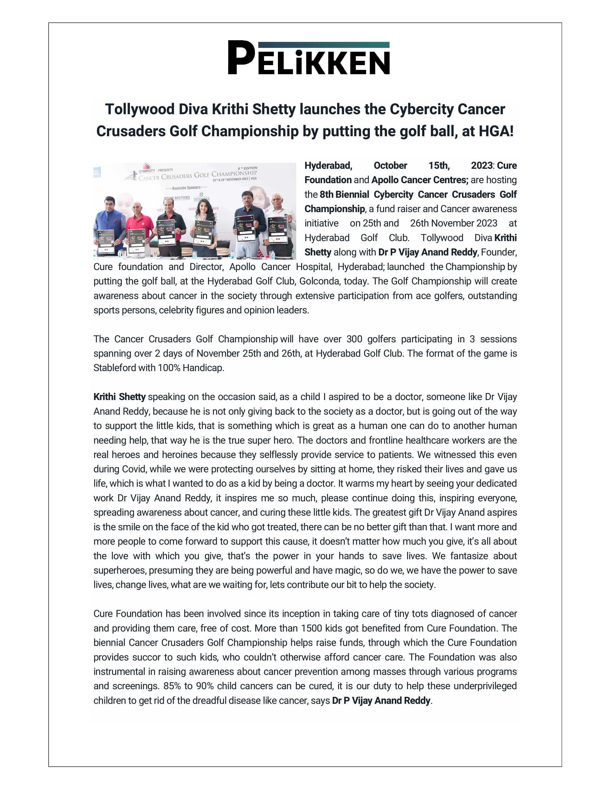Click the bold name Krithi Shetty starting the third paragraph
tap(120, 397)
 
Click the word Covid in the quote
tap(133, 469)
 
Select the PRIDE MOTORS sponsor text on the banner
tap(177, 198)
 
